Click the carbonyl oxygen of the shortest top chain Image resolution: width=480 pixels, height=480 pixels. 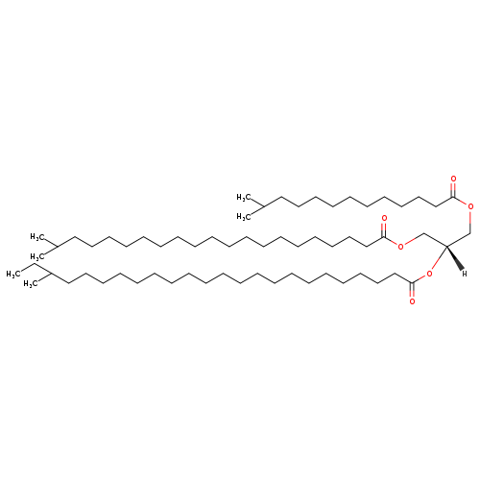point(453,179)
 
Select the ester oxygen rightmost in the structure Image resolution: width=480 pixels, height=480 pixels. point(470,206)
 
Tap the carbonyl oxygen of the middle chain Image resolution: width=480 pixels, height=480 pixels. point(384,218)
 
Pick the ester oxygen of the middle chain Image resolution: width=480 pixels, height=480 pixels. point(401,246)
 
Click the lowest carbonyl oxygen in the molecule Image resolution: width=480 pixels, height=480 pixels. point(412,301)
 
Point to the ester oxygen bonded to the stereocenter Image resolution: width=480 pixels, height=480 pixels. point(429,274)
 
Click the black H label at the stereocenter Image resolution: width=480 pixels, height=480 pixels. point(465,274)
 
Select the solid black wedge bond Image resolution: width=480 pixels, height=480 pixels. point(454,258)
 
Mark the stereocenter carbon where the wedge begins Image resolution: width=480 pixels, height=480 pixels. point(446,246)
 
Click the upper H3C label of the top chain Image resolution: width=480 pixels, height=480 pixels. point(243,198)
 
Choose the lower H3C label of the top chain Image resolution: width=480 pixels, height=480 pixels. point(243,217)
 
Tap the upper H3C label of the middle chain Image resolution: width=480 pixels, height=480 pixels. point(36,237)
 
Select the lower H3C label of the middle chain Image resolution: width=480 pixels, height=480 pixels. point(36,257)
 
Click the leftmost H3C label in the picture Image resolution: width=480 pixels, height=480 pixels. point(12,275)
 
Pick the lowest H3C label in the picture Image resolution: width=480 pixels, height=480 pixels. point(30,284)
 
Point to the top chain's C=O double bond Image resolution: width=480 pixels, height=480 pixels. point(453,189)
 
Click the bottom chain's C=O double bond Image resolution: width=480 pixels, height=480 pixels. point(412,290)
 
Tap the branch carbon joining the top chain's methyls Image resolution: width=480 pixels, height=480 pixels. point(263,206)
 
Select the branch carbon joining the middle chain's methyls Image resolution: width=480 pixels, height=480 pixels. point(57,246)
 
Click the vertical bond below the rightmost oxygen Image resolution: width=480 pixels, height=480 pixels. point(470,222)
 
